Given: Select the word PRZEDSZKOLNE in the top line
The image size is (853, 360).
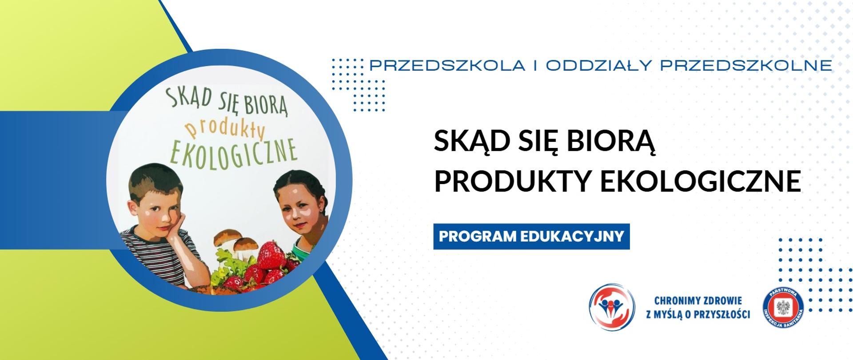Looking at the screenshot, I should [x=746, y=66].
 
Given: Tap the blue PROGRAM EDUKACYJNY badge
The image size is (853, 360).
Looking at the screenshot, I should [x=531, y=236].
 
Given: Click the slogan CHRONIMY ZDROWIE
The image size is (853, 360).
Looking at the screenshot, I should [x=698, y=301].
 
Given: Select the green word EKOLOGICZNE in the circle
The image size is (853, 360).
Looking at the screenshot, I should [x=233, y=152].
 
